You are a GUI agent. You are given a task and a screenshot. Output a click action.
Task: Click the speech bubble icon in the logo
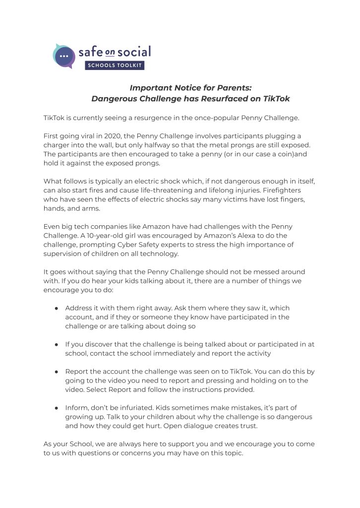(x=63, y=56)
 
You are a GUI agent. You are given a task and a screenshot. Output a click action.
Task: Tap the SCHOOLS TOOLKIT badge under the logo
(x=115, y=65)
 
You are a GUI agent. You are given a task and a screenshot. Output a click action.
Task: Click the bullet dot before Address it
(x=57, y=308)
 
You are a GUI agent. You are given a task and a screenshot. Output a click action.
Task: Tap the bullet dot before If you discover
(x=57, y=344)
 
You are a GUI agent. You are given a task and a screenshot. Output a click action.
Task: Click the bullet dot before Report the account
(x=57, y=372)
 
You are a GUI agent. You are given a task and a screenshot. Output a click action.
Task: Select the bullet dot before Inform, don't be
(x=57, y=408)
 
